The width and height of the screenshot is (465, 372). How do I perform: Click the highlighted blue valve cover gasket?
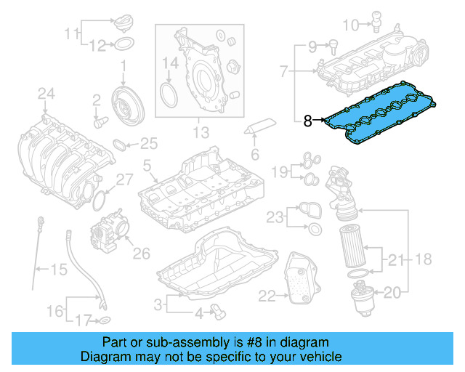point(378,117)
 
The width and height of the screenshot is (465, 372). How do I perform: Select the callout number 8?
point(307,122)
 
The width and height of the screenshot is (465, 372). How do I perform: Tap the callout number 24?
point(46,93)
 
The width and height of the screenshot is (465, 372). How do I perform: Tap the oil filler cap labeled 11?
point(124,23)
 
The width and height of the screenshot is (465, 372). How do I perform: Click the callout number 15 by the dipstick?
point(58,270)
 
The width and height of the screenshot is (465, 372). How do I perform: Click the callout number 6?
point(254,155)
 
